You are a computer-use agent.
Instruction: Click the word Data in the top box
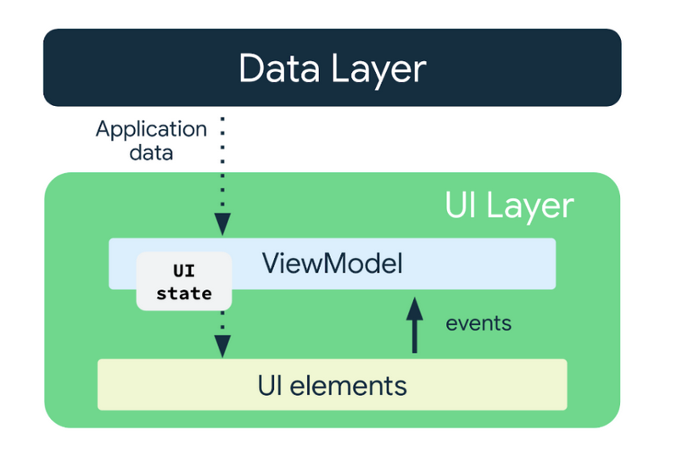click(x=279, y=68)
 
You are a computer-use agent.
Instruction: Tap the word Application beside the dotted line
click(x=151, y=130)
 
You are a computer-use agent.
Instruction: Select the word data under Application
click(x=151, y=153)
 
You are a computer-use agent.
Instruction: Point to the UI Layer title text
click(x=510, y=207)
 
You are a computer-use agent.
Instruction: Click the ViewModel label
click(x=332, y=263)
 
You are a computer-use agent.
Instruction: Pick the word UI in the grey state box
click(x=184, y=271)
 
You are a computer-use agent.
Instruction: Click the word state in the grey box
click(x=184, y=293)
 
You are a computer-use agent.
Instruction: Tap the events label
click(x=478, y=323)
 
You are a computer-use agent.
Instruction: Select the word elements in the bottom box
click(x=348, y=385)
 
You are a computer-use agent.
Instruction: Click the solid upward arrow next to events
click(x=415, y=325)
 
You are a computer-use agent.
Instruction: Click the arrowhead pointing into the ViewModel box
click(x=222, y=225)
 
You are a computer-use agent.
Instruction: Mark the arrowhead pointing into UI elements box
click(x=222, y=347)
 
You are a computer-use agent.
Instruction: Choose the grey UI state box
click(x=184, y=282)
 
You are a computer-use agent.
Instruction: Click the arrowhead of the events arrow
click(x=415, y=308)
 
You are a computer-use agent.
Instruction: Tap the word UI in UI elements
click(x=270, y=385)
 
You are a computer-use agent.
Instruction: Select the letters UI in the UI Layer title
click(x=461, y=204)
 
